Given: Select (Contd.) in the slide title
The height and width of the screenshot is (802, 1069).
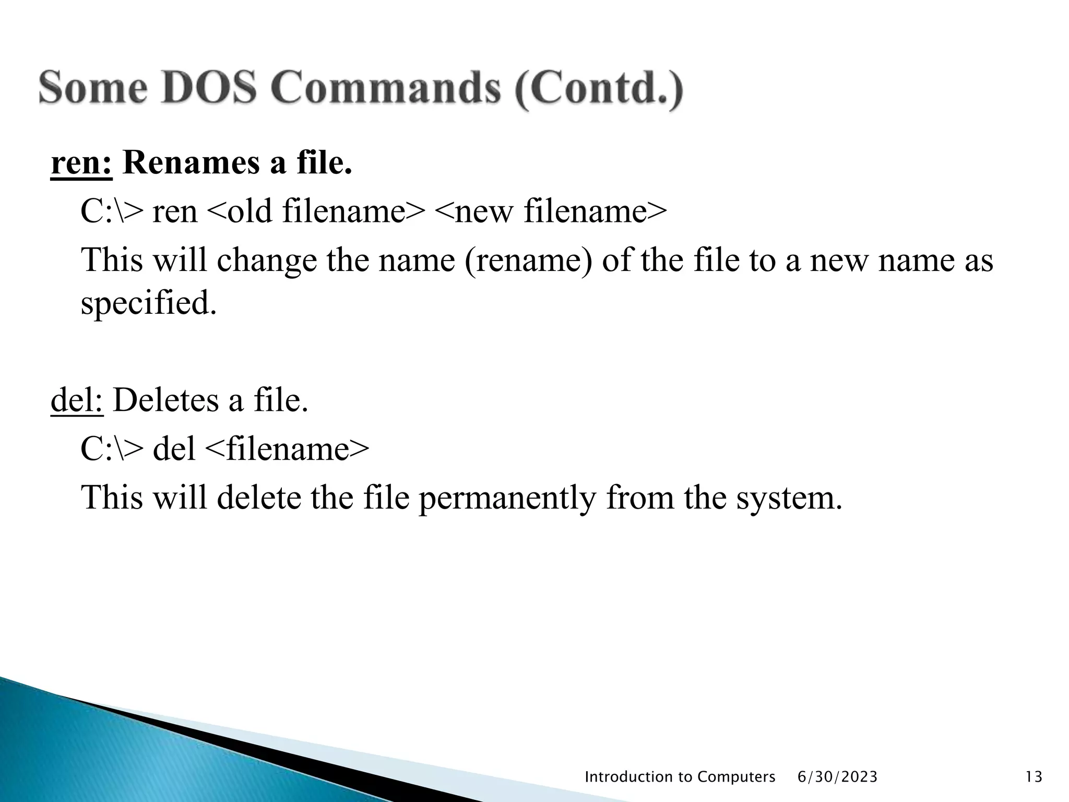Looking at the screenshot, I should click(598, 90).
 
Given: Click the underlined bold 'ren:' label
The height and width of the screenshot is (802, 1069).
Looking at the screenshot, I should click(81, 163).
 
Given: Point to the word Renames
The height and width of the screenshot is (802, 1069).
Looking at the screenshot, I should click(191, 163).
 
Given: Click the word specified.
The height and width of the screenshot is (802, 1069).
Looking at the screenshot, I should click(148, 303).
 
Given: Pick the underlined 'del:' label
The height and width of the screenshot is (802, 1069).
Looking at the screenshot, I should click(77, 400).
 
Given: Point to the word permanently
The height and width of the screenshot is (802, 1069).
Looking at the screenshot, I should click(507, 498).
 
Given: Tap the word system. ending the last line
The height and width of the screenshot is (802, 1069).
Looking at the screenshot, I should click(789, 498).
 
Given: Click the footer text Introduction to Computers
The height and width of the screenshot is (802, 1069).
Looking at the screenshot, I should click(680, 777).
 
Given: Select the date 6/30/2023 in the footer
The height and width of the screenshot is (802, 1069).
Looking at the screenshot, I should click(838, 777).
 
